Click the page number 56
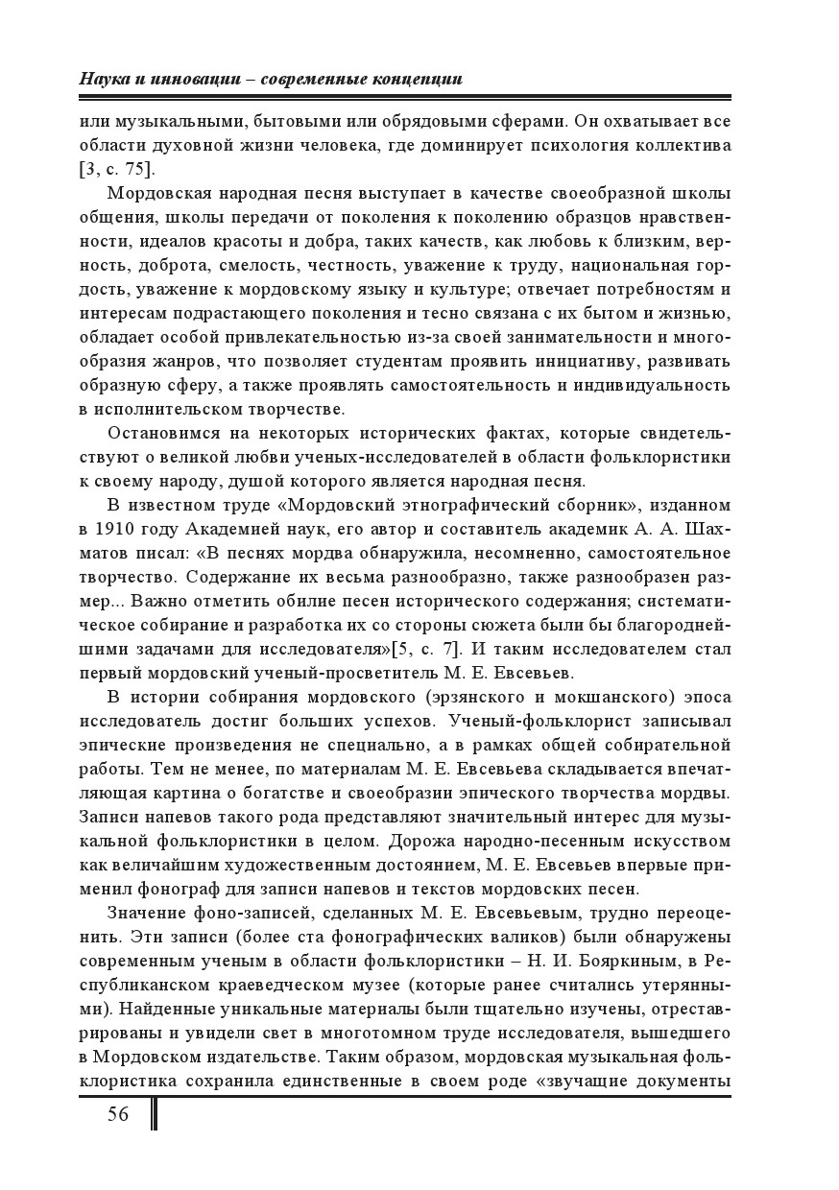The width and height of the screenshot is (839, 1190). pos(118,1114)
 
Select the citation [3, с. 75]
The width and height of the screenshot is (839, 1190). pos(118,169)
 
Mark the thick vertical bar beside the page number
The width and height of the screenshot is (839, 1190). pos(154,1115)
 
